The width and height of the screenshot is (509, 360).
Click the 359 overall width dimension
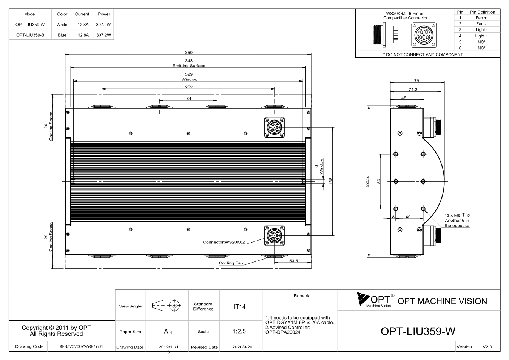tap(188, 52)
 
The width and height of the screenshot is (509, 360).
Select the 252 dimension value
tap(188, 87)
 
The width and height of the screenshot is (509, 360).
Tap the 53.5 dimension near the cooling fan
tap(293, 261)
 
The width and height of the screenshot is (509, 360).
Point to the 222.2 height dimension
tap(367, 181)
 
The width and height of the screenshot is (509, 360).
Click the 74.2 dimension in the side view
tap(413, 90)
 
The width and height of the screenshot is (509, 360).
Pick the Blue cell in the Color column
tap(62, 35)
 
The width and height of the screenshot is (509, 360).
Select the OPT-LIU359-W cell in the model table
tap(30, 25)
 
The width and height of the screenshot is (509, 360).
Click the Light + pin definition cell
tap(481, 36)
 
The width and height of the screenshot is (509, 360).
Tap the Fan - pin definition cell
tap(481, 24)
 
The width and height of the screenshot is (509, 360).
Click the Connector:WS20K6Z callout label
tap(224, 242)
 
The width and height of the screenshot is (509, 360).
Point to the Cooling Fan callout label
tap(231, 263)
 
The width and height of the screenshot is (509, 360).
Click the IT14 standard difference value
tap(239, 307)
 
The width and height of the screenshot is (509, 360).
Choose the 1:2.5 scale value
tap(239, 331)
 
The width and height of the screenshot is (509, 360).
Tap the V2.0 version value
tap(487, 347)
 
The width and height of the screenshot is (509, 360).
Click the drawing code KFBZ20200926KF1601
tap(81, 346)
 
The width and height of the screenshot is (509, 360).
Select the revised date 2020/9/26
tap(242, 347)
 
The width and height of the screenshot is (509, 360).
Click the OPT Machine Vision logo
tap(375, 300)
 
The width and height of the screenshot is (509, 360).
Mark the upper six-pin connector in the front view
tap(274, 127)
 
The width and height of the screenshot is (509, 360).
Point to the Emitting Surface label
tap(188, 66)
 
